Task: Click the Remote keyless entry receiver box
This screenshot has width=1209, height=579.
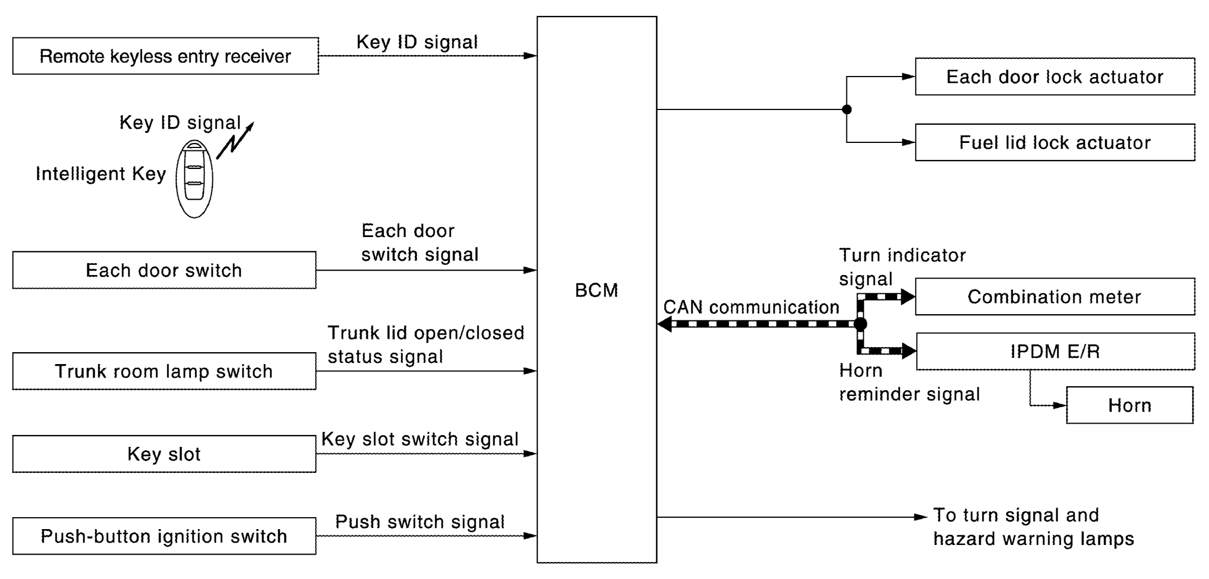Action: pyautogui.click(x=166, y=56)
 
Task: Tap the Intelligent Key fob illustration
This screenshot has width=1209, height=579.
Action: pyautogui.click(x=194, y=179)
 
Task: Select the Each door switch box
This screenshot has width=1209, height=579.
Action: pyautogui.click(x=165, y=270)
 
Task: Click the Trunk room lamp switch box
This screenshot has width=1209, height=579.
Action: pyautogui.click(x=165, y=371)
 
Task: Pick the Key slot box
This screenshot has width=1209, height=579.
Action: pyautogui.click(x=165, y=454)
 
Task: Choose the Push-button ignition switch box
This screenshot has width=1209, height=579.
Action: pyautogui.click(x=165, y=536)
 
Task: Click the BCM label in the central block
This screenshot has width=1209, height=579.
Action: pyautogui.click(x=597, y=290)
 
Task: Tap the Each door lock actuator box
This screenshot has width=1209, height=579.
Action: pyautogui.click(x=1055, y=77)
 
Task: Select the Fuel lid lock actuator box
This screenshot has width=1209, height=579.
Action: pyautogui.click(x=1055, y=142)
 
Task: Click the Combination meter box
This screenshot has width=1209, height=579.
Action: pyautogui.click(x=1055, y=297)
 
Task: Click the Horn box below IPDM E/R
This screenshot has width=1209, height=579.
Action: pyautogui.click(x=1130, y=405)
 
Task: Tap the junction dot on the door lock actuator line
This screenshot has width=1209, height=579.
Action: pyautogui.click(x=847, y=109)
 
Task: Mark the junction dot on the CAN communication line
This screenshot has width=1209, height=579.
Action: pyautogui.click(x=860, y=324)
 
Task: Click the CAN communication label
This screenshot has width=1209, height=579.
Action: pyautogui.click(x=752, y=307)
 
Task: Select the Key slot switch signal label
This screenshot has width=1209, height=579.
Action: pyautogui.click(x=420, y=439)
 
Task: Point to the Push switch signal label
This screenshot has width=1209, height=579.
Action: pyautogui.click(x=420, y=522)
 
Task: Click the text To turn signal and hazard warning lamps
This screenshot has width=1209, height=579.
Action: pyautogui.click(x=1034, y=527)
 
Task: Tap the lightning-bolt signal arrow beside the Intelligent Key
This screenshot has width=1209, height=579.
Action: pyautogui.click(x=235, y=140)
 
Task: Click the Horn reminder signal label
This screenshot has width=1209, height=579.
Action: pyautogui.click(x=909, y=382)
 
